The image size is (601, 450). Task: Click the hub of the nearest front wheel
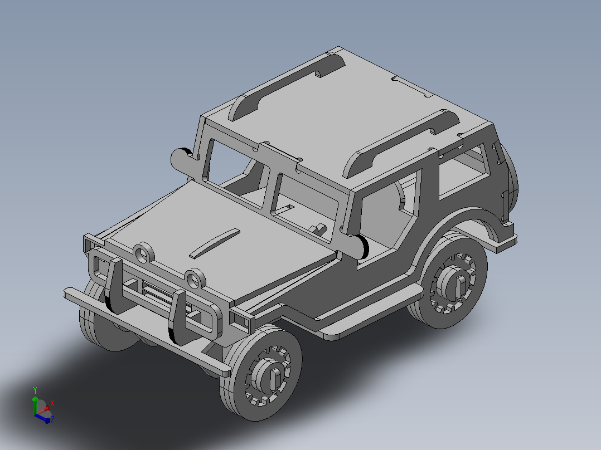(270, 376)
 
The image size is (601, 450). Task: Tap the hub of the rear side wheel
(455, 285)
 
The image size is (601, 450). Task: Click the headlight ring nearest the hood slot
(195, 278)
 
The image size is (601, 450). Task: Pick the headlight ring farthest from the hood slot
(143, 252)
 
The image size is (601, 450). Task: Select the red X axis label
(52, 402)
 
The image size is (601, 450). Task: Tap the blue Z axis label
(52, 419)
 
